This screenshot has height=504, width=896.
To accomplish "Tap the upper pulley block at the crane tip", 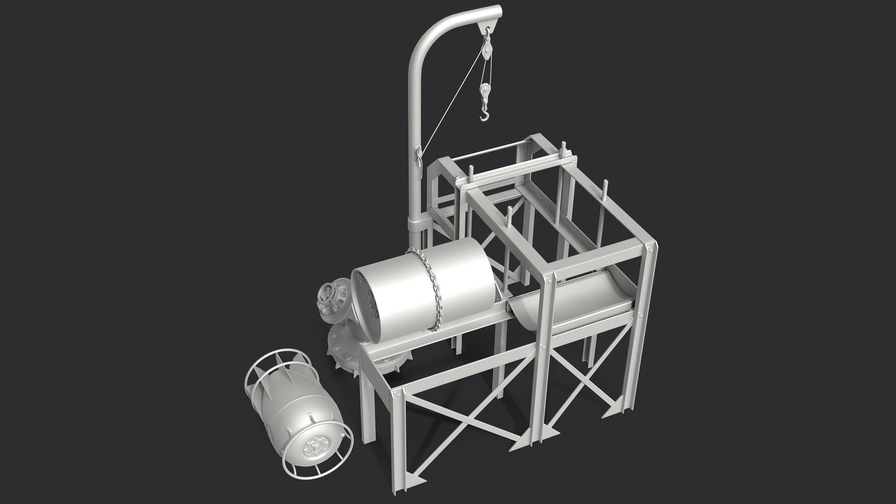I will pos(487,47).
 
